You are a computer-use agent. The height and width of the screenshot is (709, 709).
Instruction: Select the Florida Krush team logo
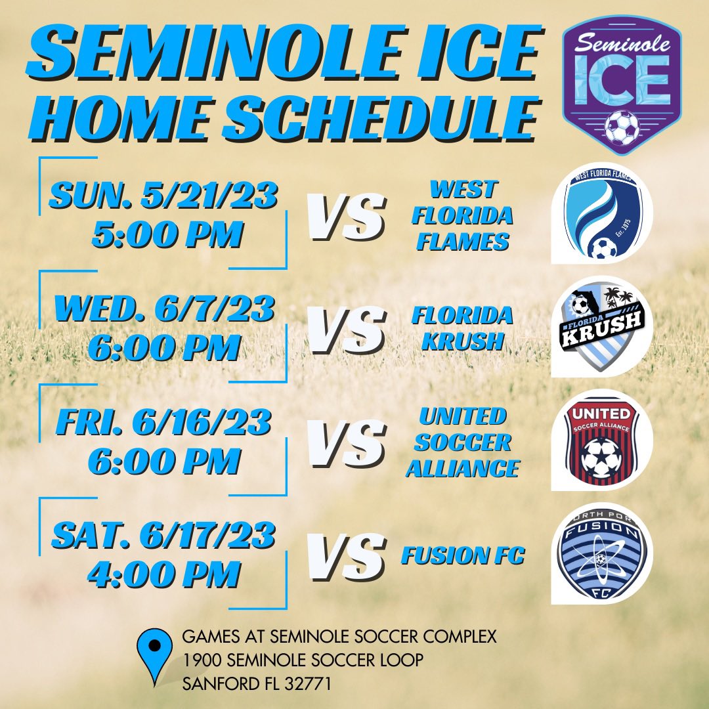[601, 326]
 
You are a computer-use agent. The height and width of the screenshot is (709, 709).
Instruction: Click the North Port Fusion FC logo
[601, 555]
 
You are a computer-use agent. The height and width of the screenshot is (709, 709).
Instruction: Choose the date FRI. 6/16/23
[164, 424]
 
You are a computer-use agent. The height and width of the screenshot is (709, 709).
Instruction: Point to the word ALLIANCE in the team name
[462, 468]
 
